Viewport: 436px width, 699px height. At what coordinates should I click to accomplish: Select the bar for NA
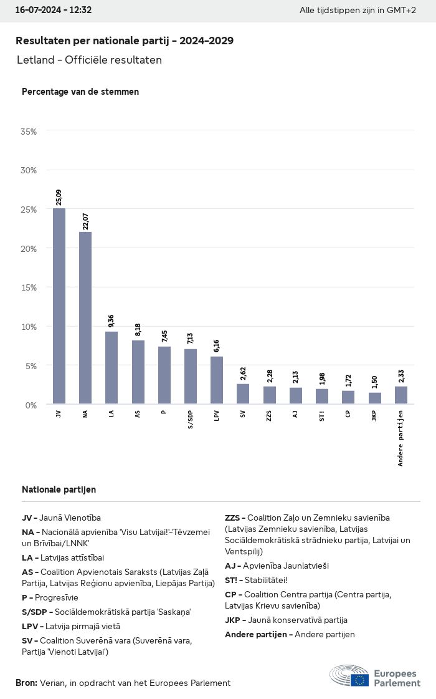coord(85,317)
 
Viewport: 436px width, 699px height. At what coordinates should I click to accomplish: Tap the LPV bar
coord(217,380)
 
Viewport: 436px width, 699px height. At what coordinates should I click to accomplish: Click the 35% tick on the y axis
coord(29,132)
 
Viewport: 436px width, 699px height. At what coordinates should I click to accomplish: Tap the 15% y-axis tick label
coord(29,287)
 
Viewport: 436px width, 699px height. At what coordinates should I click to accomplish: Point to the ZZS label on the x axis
coord(269,415)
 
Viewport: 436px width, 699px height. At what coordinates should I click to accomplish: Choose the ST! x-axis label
coord(322,415)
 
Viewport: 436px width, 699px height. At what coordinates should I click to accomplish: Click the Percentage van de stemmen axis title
coord(80,92)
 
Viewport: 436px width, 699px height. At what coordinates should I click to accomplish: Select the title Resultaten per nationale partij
coord(125,41)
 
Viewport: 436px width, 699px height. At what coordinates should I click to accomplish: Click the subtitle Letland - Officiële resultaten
coord(89,60)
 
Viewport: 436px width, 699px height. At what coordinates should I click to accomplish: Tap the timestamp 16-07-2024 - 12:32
coord(53,10)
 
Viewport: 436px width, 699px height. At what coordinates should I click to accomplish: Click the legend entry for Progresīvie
coord(50,597)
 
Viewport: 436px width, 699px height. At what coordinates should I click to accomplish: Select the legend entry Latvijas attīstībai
coord(63,557)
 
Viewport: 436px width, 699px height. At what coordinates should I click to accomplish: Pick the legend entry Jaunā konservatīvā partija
coord(286,620)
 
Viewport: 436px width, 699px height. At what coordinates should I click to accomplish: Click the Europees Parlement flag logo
coord(359,679)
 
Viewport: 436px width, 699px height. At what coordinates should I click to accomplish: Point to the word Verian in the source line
coord(52,683)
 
